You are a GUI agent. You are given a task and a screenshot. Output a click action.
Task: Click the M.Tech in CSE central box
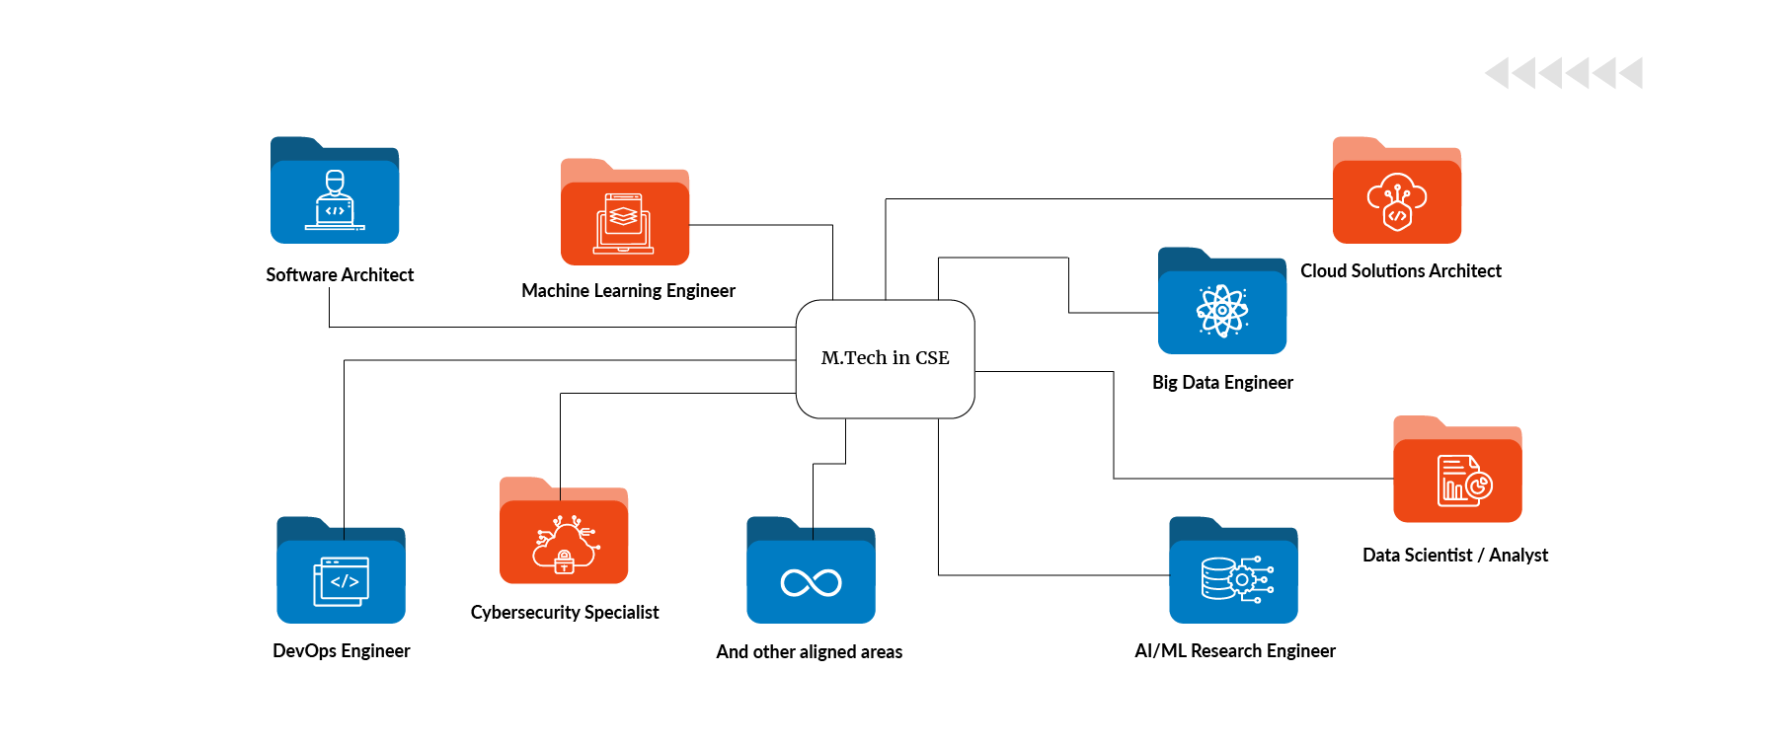coord(885,358)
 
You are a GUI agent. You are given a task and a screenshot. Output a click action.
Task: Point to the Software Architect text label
coord(340,275)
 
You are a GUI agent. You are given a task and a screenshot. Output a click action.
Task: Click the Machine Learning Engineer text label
coord(628,291)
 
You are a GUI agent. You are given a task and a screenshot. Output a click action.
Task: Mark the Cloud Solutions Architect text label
coord(1400,271)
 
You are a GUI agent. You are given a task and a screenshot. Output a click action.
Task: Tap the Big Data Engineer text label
coord(1222,383)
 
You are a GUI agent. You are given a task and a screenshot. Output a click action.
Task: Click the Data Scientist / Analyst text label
coord(1455,556)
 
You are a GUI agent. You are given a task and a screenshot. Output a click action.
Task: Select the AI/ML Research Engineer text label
coord(1234,651)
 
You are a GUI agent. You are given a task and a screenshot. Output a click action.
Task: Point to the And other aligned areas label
coord(809,652)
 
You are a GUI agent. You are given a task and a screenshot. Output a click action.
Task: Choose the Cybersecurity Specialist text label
coord(564,613)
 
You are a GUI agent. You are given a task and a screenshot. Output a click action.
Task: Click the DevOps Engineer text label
coord(341,651)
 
